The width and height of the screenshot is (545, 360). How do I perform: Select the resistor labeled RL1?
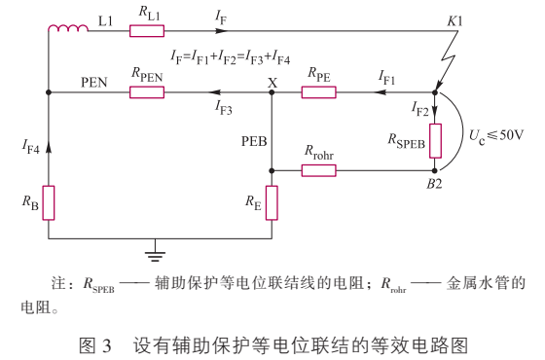[146, 31]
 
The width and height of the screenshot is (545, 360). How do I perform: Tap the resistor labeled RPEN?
[146, 93]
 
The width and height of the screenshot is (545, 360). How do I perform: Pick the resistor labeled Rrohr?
[318, 170]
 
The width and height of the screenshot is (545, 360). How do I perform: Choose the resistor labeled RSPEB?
[435, 139]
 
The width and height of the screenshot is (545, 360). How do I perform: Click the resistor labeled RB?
[48, 202]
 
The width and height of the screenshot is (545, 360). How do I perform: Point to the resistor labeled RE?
[272, 202]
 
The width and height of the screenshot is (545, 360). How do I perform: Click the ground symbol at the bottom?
[153, 255]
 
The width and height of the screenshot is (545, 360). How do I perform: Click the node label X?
[272, 82]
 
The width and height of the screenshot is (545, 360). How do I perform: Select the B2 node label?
[435, 183]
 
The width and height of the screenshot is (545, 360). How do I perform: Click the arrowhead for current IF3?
[209, 93]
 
